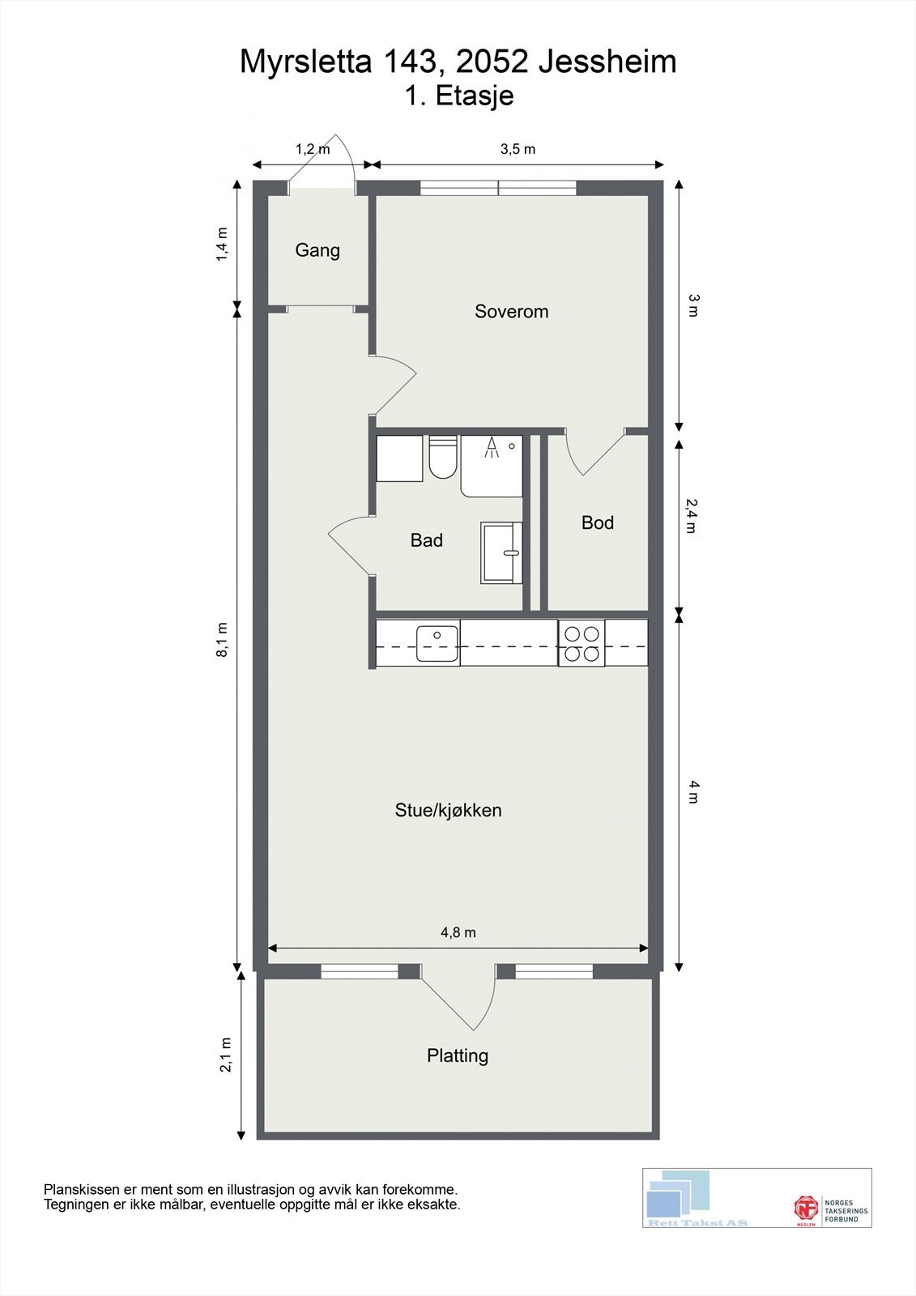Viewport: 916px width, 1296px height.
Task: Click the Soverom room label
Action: point(512,311)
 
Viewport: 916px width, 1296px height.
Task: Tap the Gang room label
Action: point(317,250)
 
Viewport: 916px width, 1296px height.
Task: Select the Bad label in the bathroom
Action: point(427,540)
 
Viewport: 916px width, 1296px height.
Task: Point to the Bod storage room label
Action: point(598,523)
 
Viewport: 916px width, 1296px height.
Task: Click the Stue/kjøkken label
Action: point(449,810)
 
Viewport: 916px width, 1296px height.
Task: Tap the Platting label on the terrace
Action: point(458,1056)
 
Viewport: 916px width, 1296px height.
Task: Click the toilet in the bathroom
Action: point(443,457)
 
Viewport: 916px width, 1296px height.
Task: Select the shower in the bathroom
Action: point(492,467)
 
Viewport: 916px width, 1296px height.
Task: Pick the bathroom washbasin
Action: point(501,553)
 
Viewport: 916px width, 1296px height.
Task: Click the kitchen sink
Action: point(437,643)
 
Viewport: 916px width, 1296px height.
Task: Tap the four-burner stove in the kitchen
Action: point(582,643)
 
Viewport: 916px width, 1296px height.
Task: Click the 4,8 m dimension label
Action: point(458,932)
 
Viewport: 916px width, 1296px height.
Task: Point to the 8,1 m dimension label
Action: point(223,640)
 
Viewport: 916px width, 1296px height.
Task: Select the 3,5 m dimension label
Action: point(518,149)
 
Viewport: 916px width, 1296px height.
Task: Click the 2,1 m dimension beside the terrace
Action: point(225,1055)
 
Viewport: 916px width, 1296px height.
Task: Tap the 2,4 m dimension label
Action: point(692,516)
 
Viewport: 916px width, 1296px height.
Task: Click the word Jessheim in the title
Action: point(607,62)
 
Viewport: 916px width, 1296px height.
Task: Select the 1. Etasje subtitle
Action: point(459,96)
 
